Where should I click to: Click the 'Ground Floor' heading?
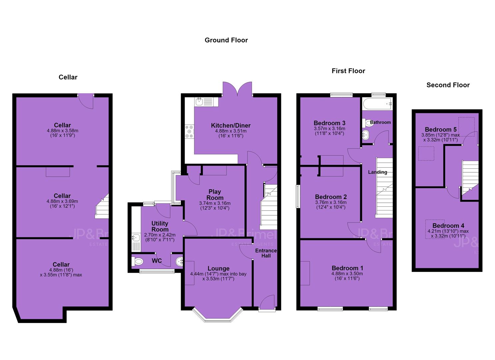point(226,40)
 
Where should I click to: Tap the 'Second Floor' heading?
point(448,85)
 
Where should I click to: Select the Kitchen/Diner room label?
point(231,126)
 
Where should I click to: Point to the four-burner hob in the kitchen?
point(189,132)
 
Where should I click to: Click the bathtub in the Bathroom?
point(377,103)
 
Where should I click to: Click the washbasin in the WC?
point(179,262)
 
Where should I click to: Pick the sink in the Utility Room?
point(136,238)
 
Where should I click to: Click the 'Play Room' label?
point(215,195)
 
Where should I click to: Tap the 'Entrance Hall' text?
point(266,253)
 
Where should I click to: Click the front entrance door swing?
point(267,301)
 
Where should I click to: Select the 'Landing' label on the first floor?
point(377,172)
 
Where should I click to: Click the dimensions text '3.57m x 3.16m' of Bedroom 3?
point(329,129)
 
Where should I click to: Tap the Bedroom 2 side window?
point(298,196)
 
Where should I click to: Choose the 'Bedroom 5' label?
point(441,130)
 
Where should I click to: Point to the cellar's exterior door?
point(86,101)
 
